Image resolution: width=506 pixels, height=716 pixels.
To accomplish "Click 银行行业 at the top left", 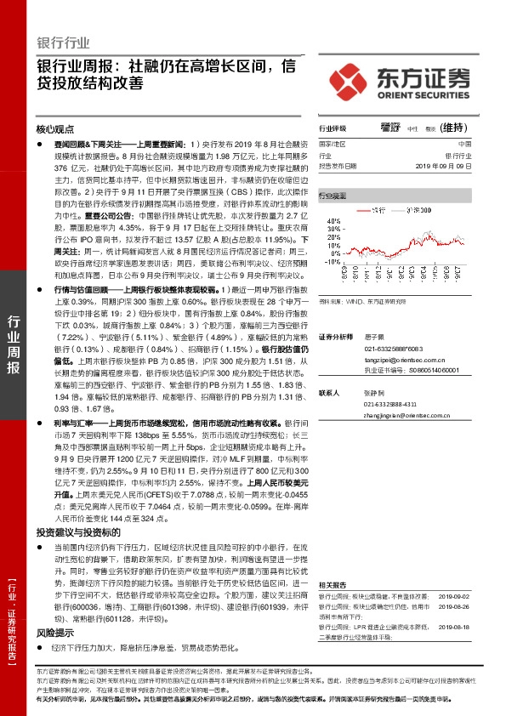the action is point(64,42).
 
